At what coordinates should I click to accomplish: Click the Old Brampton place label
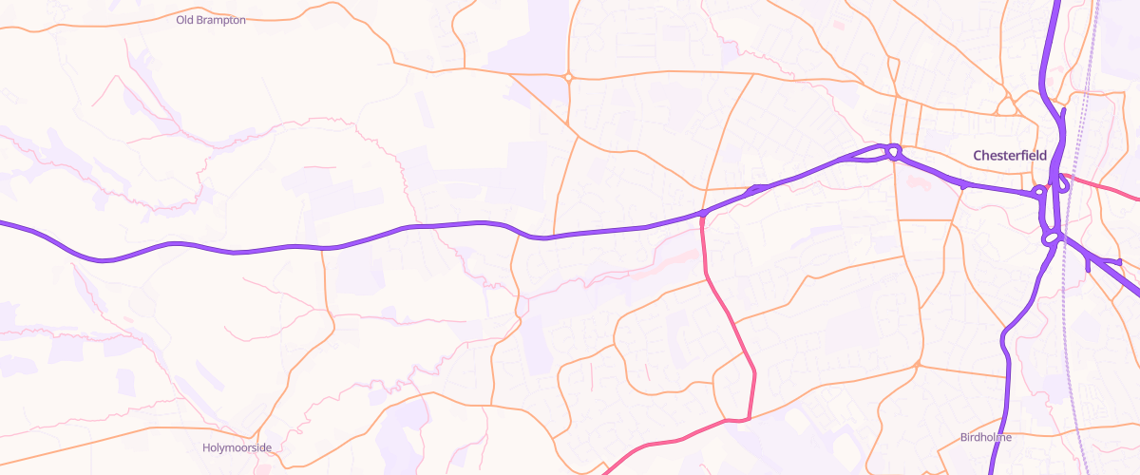pyautogui.click(x=211, y=20)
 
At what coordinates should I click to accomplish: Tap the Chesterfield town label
pyautogui.click(x=1009, y=155)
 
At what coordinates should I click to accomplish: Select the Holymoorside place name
pyautogui.click(x=237, y=447)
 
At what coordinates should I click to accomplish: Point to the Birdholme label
pyautogui.click(x=985, y=438)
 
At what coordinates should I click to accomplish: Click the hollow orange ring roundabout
pyautogui.click(x=568, y=77)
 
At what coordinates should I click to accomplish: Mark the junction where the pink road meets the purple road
pyautogui.click(x=702, y=214)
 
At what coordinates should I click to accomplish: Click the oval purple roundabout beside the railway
pyautogui.click(x=1051, y=238)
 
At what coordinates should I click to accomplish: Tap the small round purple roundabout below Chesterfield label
pyautogui.click(x=1039, y=192)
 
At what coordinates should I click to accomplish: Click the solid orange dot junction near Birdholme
pyautogui.click(x=918, y=365)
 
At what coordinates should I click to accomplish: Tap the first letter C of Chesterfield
pyautogui.click(x=978, y=155)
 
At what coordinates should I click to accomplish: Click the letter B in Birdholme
pyautogui.click(x=963, y=438)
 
